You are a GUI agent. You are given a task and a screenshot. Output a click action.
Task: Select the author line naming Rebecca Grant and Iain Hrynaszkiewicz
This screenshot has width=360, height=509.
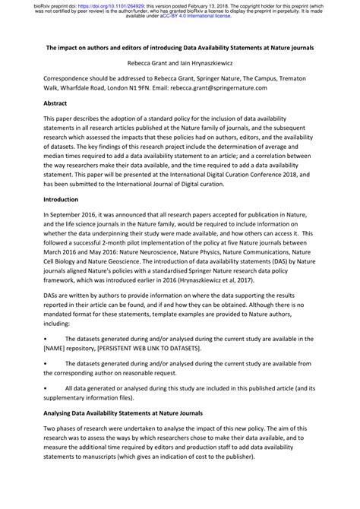(x=179, y=62)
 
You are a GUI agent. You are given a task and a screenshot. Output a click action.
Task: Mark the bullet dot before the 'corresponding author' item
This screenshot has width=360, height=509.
(x=47, y=363)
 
